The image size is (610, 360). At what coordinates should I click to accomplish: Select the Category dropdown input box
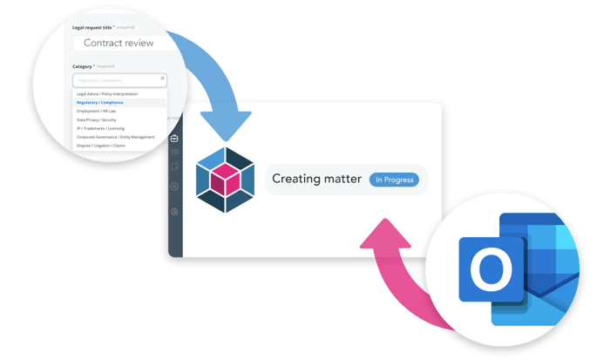(x=117, y=79)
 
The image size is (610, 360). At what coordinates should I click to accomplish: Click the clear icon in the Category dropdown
(x=162, y=78)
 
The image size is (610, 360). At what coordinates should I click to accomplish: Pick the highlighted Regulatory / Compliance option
(x=100, y=102)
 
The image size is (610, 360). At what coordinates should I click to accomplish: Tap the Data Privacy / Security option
(x=97, y=119)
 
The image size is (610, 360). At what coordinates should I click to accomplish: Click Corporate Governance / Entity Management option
(x=115, y=137)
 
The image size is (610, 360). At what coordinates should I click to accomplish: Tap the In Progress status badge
(x=394, y=180)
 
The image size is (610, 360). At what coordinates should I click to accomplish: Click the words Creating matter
(x=315, y=180)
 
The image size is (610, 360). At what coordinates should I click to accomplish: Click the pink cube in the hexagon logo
(x=226, y=180)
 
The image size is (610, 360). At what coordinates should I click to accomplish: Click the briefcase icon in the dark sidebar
(x=174, y=138)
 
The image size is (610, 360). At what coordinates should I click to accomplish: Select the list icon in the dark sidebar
(x=174, y=153)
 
